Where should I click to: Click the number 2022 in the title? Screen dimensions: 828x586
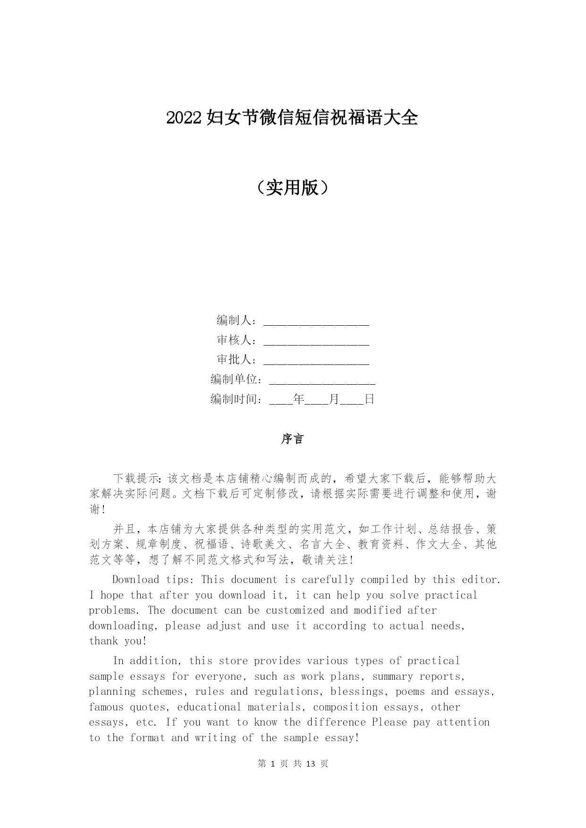185,118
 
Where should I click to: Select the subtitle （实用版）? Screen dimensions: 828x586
292,187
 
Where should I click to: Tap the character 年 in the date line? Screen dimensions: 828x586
298,399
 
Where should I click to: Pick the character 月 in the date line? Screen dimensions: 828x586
334,399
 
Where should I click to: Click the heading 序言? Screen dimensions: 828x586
292,439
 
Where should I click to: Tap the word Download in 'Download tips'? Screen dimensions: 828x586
136,580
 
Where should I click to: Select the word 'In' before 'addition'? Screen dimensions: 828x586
118,661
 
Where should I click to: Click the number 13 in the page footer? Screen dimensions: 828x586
310,764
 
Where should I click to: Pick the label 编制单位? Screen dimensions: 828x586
234,380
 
